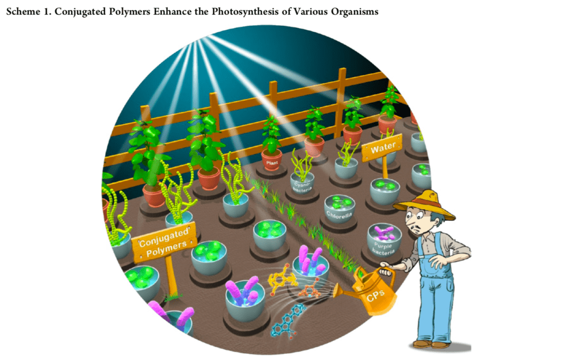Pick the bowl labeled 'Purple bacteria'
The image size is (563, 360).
(x=384, y=241)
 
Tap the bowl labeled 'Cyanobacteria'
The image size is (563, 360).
(x=302, y=183)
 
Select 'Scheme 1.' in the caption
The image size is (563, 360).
(x=29, y=11)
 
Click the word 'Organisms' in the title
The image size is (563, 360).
(x=354, y=11)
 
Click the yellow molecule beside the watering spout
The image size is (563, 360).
(x=282, y=279)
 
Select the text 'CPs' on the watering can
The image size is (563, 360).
(x=376, y=295)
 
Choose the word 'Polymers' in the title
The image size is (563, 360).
(x=129, y=11)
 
